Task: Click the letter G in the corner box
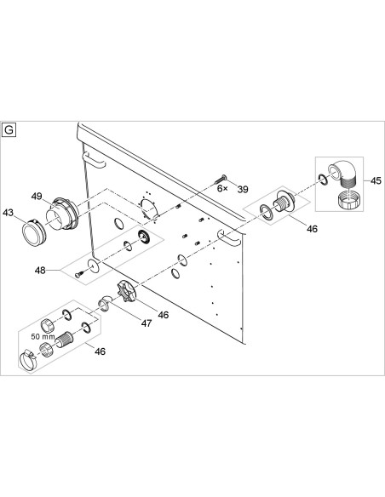coord(9,130)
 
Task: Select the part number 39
coord(243,189)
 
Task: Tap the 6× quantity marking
coord(222,189)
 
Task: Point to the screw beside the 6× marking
coord(221,180)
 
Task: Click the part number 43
coord(9,213)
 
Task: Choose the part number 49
coord(37,197)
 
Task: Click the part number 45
coord(376,180)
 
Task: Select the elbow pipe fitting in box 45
coord(342,176)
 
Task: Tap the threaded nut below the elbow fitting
coord(348,200)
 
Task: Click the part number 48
coord(40,271)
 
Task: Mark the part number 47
coord(147,323)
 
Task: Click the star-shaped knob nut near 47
coord(127,291)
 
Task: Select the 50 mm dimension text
coord(43,337)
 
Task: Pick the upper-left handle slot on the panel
coord(93,160)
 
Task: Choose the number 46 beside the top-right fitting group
coord(312,229)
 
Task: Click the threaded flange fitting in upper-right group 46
coord(283,202)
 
